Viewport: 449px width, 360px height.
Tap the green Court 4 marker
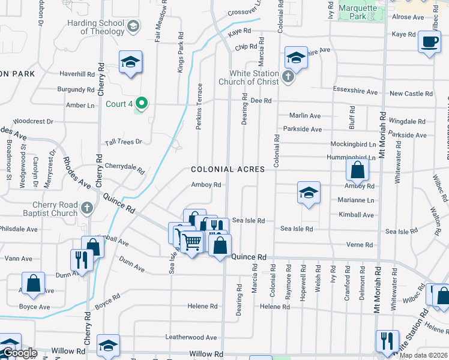[142, 103]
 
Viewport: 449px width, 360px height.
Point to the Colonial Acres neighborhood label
[228, 169]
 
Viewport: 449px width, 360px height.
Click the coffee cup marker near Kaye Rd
[429, 43]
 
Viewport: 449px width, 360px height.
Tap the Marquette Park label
[360, 12]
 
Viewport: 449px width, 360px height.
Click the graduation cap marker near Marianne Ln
[309, 193]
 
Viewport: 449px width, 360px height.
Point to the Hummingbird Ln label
[353, 158]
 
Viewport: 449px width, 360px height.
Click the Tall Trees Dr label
[124, 142]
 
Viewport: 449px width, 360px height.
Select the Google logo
[20, 353]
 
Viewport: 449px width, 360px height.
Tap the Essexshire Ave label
[355, 92]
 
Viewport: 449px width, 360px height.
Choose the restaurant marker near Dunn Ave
[80, 260]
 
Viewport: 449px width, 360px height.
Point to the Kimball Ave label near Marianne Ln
[356, 215]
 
